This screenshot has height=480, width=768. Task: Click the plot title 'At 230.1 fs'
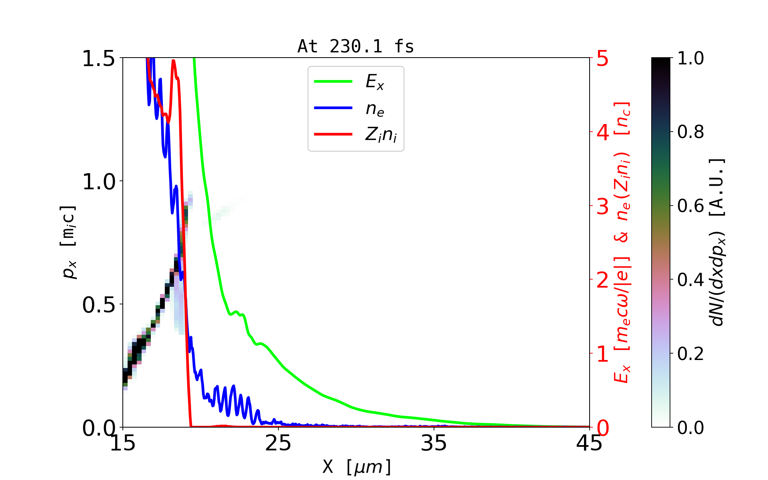(x=356, y=46)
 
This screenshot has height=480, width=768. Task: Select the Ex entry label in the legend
(x=375, y=82)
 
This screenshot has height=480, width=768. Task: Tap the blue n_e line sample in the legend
(x=333, y=108)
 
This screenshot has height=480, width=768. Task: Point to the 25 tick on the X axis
(x=278, y=443)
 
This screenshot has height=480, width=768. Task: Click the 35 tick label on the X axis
(x=434, y=443)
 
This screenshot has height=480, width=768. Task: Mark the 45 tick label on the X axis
(x=589, y=443)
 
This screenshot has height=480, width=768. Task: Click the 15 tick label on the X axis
(x=123, y=443)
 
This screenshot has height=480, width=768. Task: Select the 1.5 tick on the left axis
(x=98, y=58)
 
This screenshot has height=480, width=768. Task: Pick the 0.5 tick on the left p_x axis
(x=98, y=305)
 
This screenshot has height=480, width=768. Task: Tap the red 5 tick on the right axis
(x=603, y=58)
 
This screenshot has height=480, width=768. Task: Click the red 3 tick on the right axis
(x=603, y=206)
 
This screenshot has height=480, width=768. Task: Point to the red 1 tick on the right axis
(x=603, y=354)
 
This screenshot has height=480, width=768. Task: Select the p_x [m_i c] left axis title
(x=68, y=242)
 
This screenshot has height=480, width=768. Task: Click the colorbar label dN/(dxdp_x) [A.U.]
(x=718, y=242)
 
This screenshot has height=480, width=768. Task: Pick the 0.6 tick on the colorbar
(x=690, y=206)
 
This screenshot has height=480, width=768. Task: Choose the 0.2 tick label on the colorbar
(x=690, y=354)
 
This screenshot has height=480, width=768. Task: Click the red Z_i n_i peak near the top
(x=173, y=61)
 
